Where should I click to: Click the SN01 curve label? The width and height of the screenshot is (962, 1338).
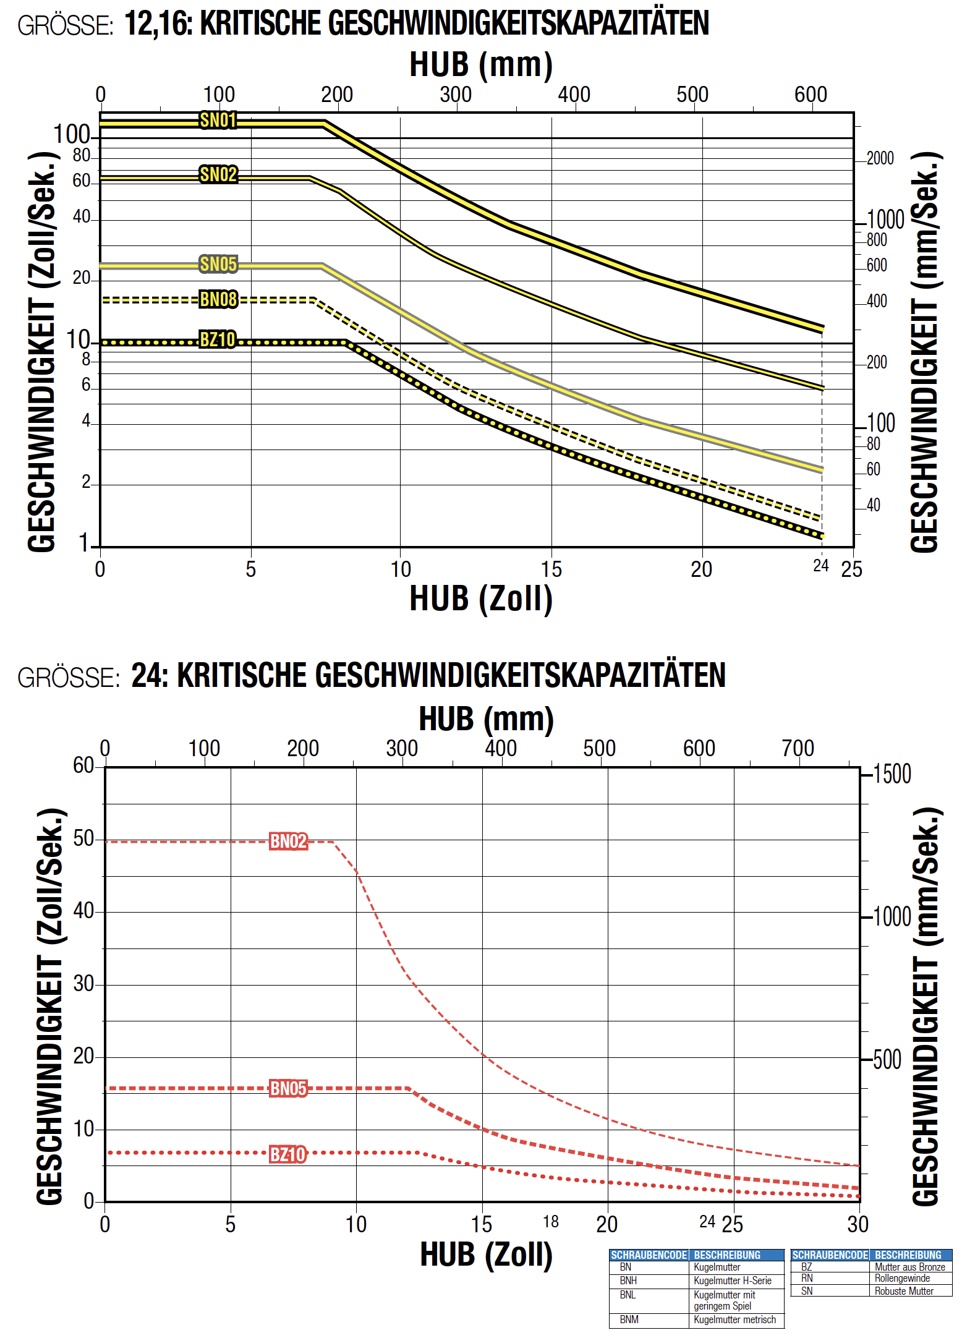pyautogui.click(x=218, y=120)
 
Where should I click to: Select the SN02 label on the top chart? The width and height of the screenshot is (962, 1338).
pyautogui.click(x=218, y=174)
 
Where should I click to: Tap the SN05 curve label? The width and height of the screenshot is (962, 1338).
pyautogui.click(x=218, y=264)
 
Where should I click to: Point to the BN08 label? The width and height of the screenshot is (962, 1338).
pyautogui.click(x=218, y=299)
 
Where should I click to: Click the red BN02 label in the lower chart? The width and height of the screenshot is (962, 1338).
pyautogui.click(x=288, y=841)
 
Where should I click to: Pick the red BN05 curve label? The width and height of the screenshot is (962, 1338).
pyautogui.click(x=288, y=1088)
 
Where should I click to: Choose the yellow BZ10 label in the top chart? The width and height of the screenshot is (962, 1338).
pyautogui.click(x=218, y=339)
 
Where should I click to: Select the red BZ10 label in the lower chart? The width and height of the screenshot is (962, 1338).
pyautogui.click(x=287, y=1154)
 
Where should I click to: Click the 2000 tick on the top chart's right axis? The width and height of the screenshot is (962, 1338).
pyautogui.click(x=880, y=158)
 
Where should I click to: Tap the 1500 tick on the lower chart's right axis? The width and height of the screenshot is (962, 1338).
pyautogui.click(x=892, y=774)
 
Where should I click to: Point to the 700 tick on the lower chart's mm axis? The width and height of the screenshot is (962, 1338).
pyautogui.click(x=798, y=748)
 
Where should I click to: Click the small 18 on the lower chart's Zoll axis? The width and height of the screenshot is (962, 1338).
pyautogui.click(x=551, y=1222)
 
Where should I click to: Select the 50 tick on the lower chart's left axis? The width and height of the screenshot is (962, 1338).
pyautogui.click(x=83, y=838)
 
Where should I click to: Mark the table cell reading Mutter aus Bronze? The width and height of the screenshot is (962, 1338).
pyautogui.click(x=909, y=1267)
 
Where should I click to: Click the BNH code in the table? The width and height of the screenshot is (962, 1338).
pyautogui.click(x=628, y=1280)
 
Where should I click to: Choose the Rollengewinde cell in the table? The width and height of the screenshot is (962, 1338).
pyautogui.click(x=902, y=1278)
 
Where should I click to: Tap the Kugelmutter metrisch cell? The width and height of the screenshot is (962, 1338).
pyautogui.click(x=734, y=1319)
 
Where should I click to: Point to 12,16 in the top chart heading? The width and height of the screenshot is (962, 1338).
pyautogui.click(x=158, y=23)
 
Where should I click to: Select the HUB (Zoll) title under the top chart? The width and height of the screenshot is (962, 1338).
pyautogui.click(x=481, y=599)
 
